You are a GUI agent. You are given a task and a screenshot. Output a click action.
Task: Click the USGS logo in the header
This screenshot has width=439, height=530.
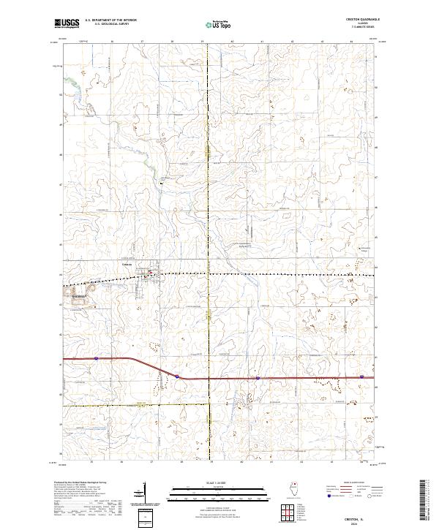pyautogui.click(x=67, y=23)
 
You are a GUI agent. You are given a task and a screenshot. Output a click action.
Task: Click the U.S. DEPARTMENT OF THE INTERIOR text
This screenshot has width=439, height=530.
pyautogui.click(x=110, y=20)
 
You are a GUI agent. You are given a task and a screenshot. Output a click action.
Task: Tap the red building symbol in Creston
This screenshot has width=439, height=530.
pyautogui.click(x=149, y=275)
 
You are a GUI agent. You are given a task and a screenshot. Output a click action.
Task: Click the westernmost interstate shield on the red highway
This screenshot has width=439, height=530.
pyautogui.click(x=95, y=359)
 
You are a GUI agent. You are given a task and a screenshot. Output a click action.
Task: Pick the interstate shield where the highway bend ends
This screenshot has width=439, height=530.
pyautogui.click(x=176, y=377)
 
